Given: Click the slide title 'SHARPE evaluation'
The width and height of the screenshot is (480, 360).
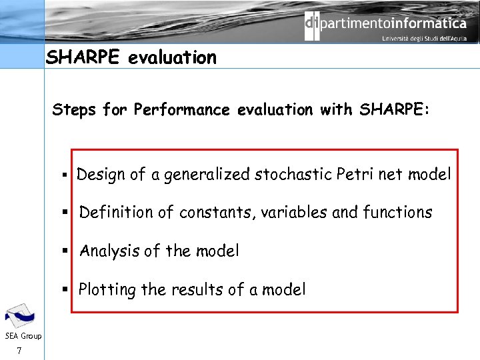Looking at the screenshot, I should [131, 58].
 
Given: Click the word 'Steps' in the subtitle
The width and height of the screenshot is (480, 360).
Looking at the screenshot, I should [75, 109].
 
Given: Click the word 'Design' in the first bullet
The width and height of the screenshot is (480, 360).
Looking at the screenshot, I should [101, 175].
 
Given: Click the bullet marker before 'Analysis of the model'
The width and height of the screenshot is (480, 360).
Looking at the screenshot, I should [67, 251].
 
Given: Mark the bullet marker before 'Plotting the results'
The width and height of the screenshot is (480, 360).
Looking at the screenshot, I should [66, 290].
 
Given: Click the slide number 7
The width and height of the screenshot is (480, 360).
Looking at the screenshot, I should [21, 351].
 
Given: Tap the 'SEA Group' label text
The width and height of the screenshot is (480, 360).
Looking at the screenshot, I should [22, 336].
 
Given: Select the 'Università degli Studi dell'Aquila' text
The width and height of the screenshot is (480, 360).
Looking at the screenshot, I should [424, 39].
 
